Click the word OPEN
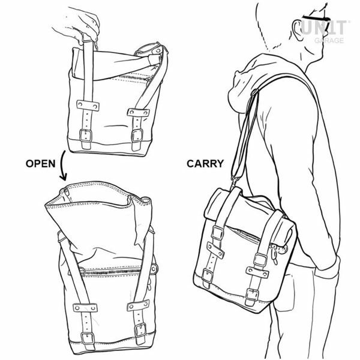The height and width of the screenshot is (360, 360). [40, 164]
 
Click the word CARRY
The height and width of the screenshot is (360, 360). [205, 164]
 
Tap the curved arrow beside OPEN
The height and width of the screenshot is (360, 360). [62, 166]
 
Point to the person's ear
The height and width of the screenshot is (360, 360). [298, 30]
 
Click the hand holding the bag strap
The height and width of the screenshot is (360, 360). [78, 25]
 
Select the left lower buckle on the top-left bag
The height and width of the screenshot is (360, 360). [86, 136]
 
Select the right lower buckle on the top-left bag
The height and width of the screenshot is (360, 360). [137, 136]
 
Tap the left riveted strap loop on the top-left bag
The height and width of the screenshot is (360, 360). [88, 106]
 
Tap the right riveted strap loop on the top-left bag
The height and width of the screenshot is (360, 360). [139, 113]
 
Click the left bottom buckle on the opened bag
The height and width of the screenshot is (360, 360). [88, 338]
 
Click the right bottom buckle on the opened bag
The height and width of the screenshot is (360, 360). [140, 330]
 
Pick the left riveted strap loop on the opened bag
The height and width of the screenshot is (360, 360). [85, 308]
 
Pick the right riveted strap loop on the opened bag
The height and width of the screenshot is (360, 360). [138, 305]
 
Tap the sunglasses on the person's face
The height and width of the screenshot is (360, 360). [316, 19]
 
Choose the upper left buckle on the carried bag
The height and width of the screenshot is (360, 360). [217, 233]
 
